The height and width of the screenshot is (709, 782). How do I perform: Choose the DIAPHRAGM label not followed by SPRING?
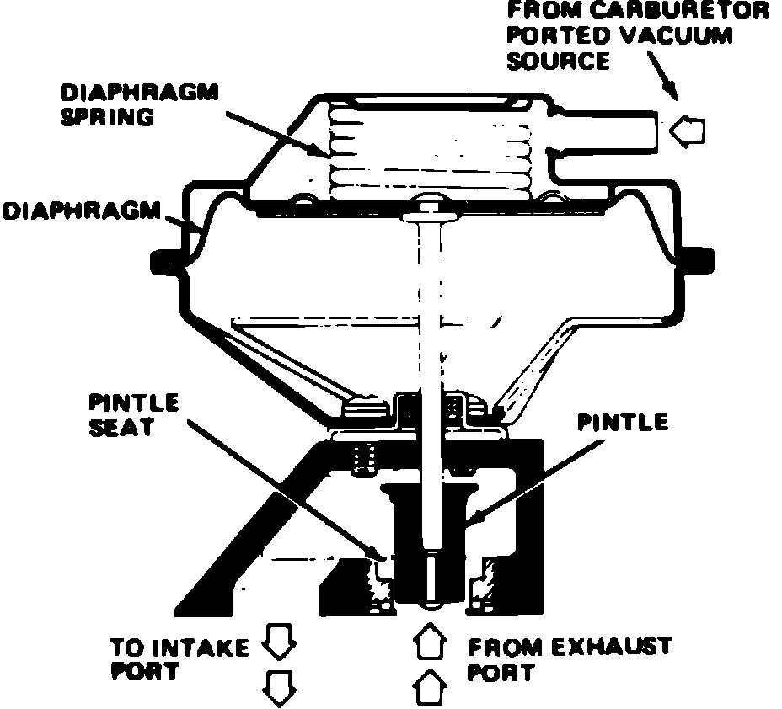click(81, 211)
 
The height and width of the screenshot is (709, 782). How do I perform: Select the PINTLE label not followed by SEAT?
click(622, 422)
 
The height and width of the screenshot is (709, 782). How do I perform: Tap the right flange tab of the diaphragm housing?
click(696, 260)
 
